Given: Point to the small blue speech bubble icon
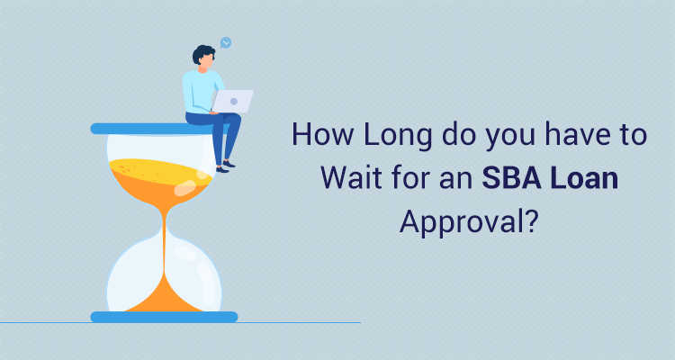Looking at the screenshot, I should pos(226,42).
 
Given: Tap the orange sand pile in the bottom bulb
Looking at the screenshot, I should pos(163,295).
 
